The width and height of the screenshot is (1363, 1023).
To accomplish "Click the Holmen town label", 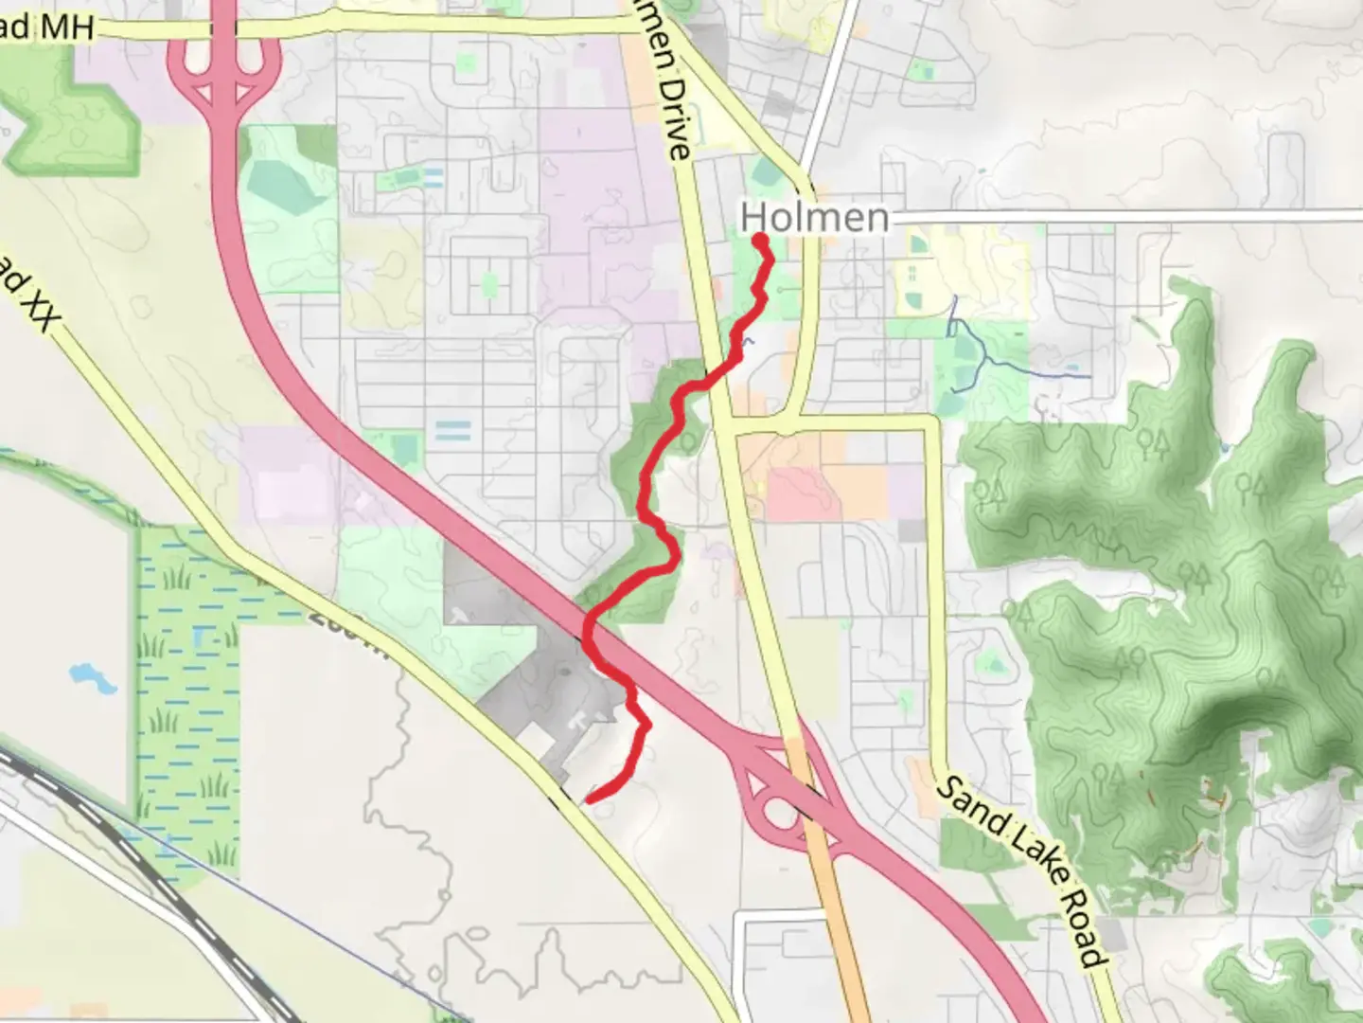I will pos(815,218).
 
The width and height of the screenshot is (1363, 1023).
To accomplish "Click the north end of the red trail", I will pos(759,240).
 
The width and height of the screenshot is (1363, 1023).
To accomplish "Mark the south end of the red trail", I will pos(589,800).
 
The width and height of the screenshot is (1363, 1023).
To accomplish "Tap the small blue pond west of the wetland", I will pos(92,677).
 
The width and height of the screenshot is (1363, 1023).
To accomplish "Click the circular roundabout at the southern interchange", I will pos(781,813).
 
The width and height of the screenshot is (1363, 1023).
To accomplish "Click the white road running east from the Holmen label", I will pos(1117,217).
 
